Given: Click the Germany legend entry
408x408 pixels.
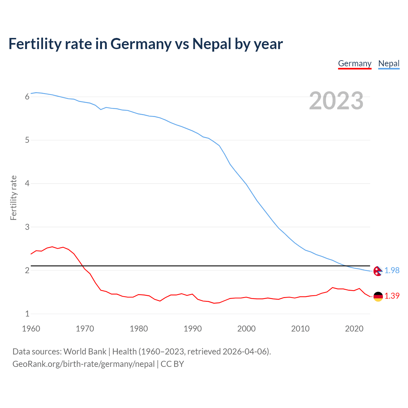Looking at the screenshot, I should (354, 64).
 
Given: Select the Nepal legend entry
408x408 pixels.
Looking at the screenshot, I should (389, 64).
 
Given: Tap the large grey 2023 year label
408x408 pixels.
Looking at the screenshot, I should (336, 101).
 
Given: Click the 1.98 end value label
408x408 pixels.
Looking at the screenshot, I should (392, 270).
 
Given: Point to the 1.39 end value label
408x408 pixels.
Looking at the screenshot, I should (392, 296).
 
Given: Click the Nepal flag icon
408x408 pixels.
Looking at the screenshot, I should (378, 271).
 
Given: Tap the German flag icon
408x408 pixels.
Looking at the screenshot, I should (378, 296).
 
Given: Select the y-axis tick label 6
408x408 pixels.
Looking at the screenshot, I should (27, 97).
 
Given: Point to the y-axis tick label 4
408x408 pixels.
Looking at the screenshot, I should (27, 184).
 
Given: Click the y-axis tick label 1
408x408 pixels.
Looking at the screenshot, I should (27, 314).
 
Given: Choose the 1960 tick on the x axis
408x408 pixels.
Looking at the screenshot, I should (31, 329).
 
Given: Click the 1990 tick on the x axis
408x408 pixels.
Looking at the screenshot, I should (193, 329).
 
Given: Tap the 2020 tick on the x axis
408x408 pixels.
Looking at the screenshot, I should (354, 329).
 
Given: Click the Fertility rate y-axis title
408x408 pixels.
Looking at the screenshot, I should (13, 198).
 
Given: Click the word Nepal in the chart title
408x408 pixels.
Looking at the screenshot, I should (212, 44).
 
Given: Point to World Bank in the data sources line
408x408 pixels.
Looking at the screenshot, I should (85, 352).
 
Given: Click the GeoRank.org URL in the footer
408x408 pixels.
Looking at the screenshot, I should (84, 364).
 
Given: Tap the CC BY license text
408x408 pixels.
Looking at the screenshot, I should (172, 364).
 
